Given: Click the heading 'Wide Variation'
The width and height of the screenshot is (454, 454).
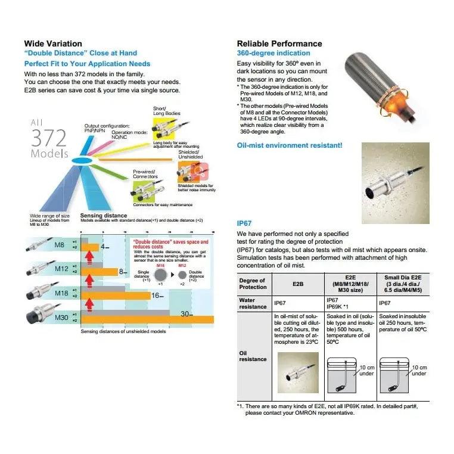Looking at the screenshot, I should pyautogui.click(x=53, y=43).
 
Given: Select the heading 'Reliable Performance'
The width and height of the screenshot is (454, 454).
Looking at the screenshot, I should pyautogui.click(x=279, y=43).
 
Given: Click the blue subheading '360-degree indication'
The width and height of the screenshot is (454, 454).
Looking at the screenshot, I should pyautogui.click(x=273, y=53).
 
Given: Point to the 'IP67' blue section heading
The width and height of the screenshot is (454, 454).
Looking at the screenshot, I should pyautogui.click(x=245, y=223).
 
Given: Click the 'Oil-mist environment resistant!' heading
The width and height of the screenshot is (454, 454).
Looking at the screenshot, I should pyautogui.click(x=290, y=145).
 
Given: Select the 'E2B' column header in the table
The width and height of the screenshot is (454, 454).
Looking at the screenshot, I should pyautogui.click(x=298, y=284).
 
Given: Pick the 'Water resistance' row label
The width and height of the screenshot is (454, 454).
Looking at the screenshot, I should pyautogui.click(x=253, y=303).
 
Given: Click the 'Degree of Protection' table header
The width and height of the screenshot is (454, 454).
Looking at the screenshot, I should pyautogui.click(x=253, y=284).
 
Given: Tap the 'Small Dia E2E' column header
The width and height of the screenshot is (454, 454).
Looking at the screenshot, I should pyautogui.click(x=403, y=284).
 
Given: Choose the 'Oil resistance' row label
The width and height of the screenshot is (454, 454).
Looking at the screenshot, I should pyautogui.click(x=253, y=356).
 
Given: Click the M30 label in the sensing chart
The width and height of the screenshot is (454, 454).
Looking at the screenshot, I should pyautogui.click(x=62, y=318).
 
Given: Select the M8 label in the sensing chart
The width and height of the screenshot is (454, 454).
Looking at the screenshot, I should pyautogui.click(x=60, y=245).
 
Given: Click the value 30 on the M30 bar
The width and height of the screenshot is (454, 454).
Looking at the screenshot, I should pyautogui.click(x=185, y=314).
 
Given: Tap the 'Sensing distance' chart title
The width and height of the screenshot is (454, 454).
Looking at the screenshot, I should pyautogui.click(x=103, y=215).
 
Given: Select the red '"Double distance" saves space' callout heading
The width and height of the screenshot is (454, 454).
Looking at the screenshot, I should pyautogui.click(x=170, y=244).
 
